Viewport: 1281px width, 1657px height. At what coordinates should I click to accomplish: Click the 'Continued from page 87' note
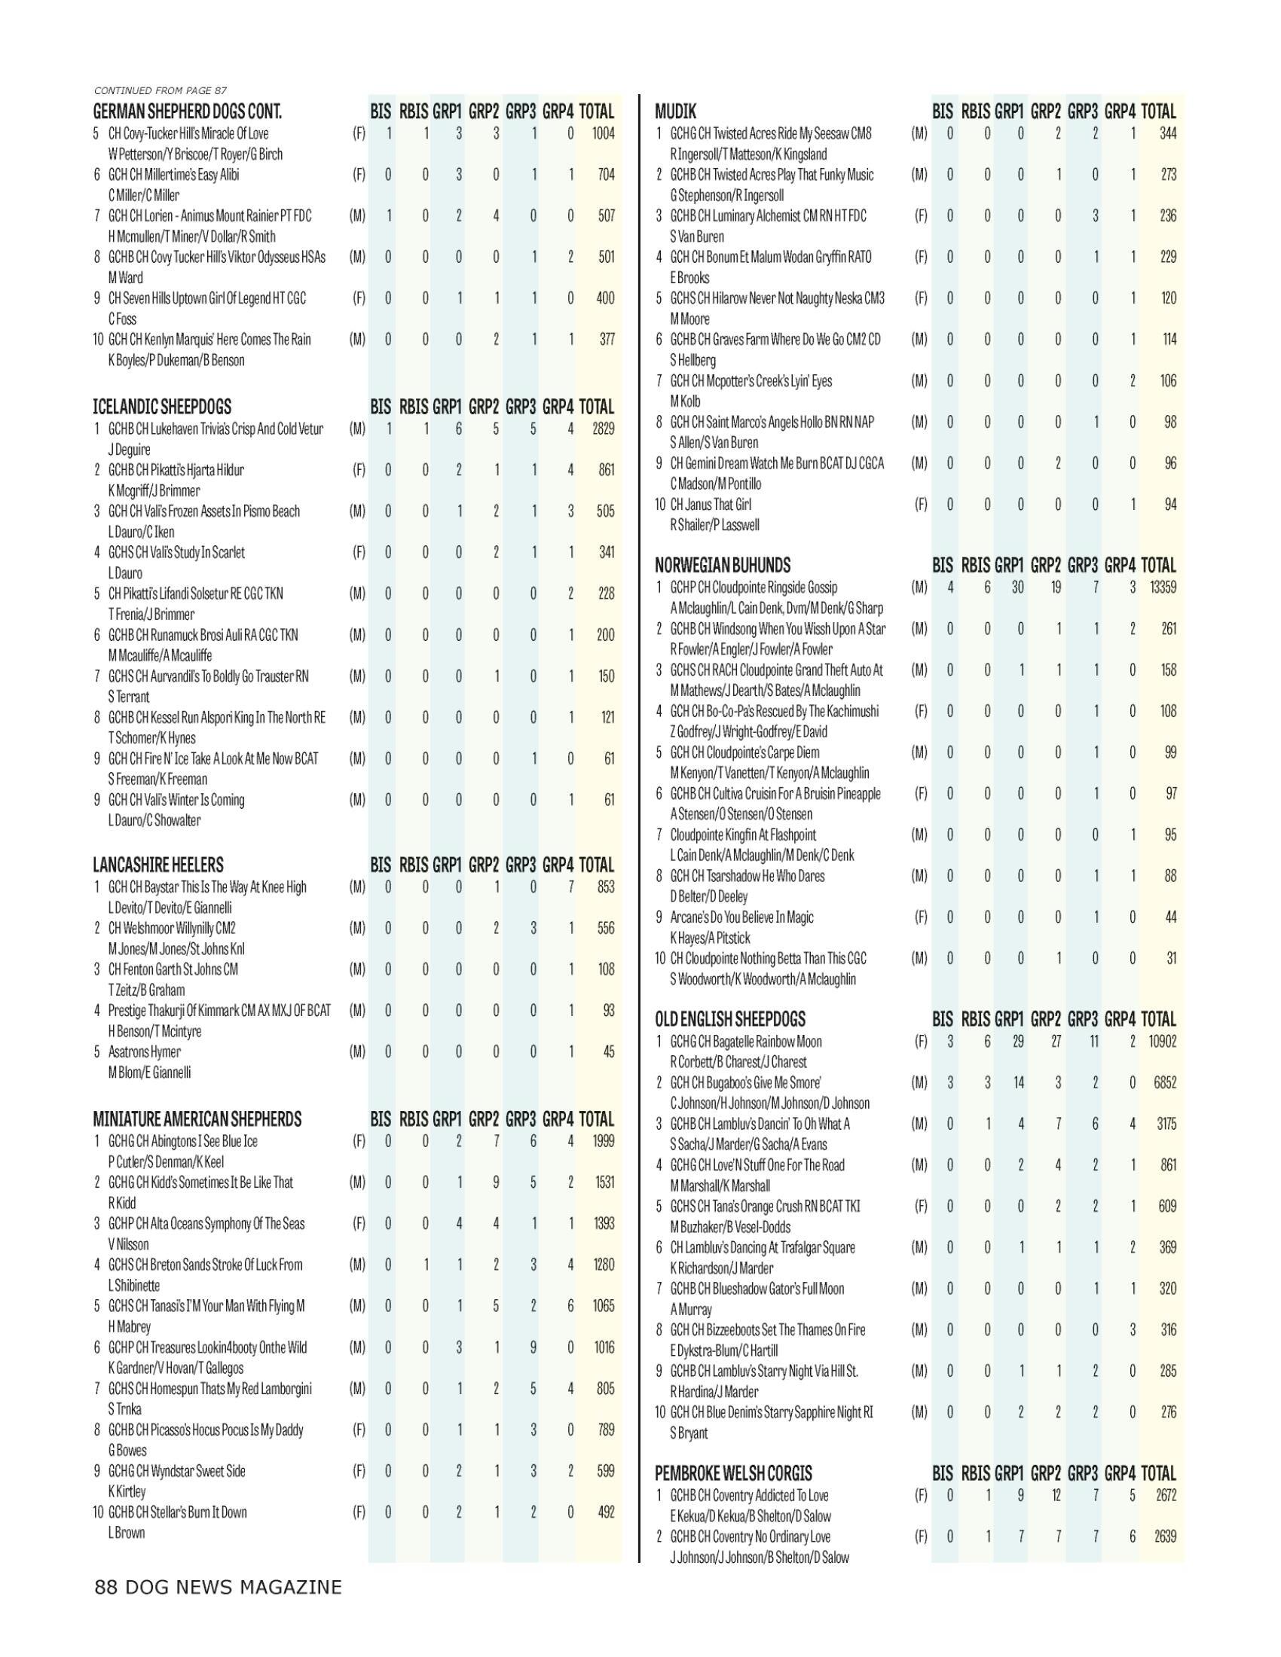coord(160,91)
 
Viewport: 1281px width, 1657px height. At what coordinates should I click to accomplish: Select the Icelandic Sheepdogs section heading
coord(162,407)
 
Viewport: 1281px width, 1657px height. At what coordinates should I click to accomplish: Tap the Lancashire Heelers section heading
coord(157,865)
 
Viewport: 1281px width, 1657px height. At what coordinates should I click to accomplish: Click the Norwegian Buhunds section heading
coord(723,565)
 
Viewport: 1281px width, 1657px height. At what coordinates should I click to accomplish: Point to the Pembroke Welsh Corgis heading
coord(733,1473)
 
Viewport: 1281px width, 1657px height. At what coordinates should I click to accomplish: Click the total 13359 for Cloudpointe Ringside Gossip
coord(1162,587)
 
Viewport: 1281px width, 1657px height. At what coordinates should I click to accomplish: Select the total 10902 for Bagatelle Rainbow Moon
coord(1162,1042)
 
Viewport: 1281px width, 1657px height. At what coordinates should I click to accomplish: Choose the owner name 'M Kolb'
coord(684,401)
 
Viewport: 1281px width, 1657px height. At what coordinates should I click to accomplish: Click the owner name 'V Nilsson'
coord(128,1244)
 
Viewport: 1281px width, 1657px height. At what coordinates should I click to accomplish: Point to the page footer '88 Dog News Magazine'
coord(218,1587)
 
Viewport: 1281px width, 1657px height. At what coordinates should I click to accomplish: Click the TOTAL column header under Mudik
coord(1158,111)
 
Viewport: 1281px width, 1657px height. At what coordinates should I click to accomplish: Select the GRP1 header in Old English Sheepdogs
coord(1008,1020)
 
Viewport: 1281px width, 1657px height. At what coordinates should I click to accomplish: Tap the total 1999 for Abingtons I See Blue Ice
coord(604,1141)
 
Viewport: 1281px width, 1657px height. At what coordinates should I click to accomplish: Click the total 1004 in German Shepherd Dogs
coord(604,133)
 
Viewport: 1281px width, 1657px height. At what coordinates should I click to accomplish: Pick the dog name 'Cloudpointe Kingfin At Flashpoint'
coord(743,835)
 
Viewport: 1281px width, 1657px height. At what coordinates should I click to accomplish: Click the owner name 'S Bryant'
coord(688,1433)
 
